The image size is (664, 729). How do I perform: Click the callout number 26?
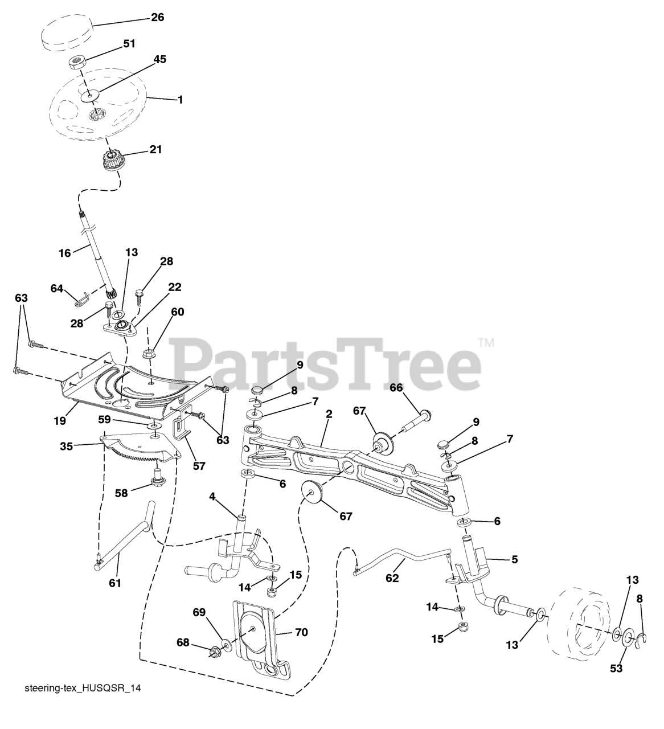(x=157, y=18)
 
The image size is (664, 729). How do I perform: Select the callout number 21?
(x=155, y=150)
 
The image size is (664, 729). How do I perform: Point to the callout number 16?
(x=65, y=252)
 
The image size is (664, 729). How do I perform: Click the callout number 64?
(x=56, y=289)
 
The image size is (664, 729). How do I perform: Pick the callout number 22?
(x=174, y=287)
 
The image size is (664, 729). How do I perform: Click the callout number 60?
(x=178, y=312)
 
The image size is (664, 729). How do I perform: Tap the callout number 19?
(x=60, y=421)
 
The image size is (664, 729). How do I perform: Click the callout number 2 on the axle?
(x=329, y=415)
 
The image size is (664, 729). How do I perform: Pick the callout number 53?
(x=616, y=668)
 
